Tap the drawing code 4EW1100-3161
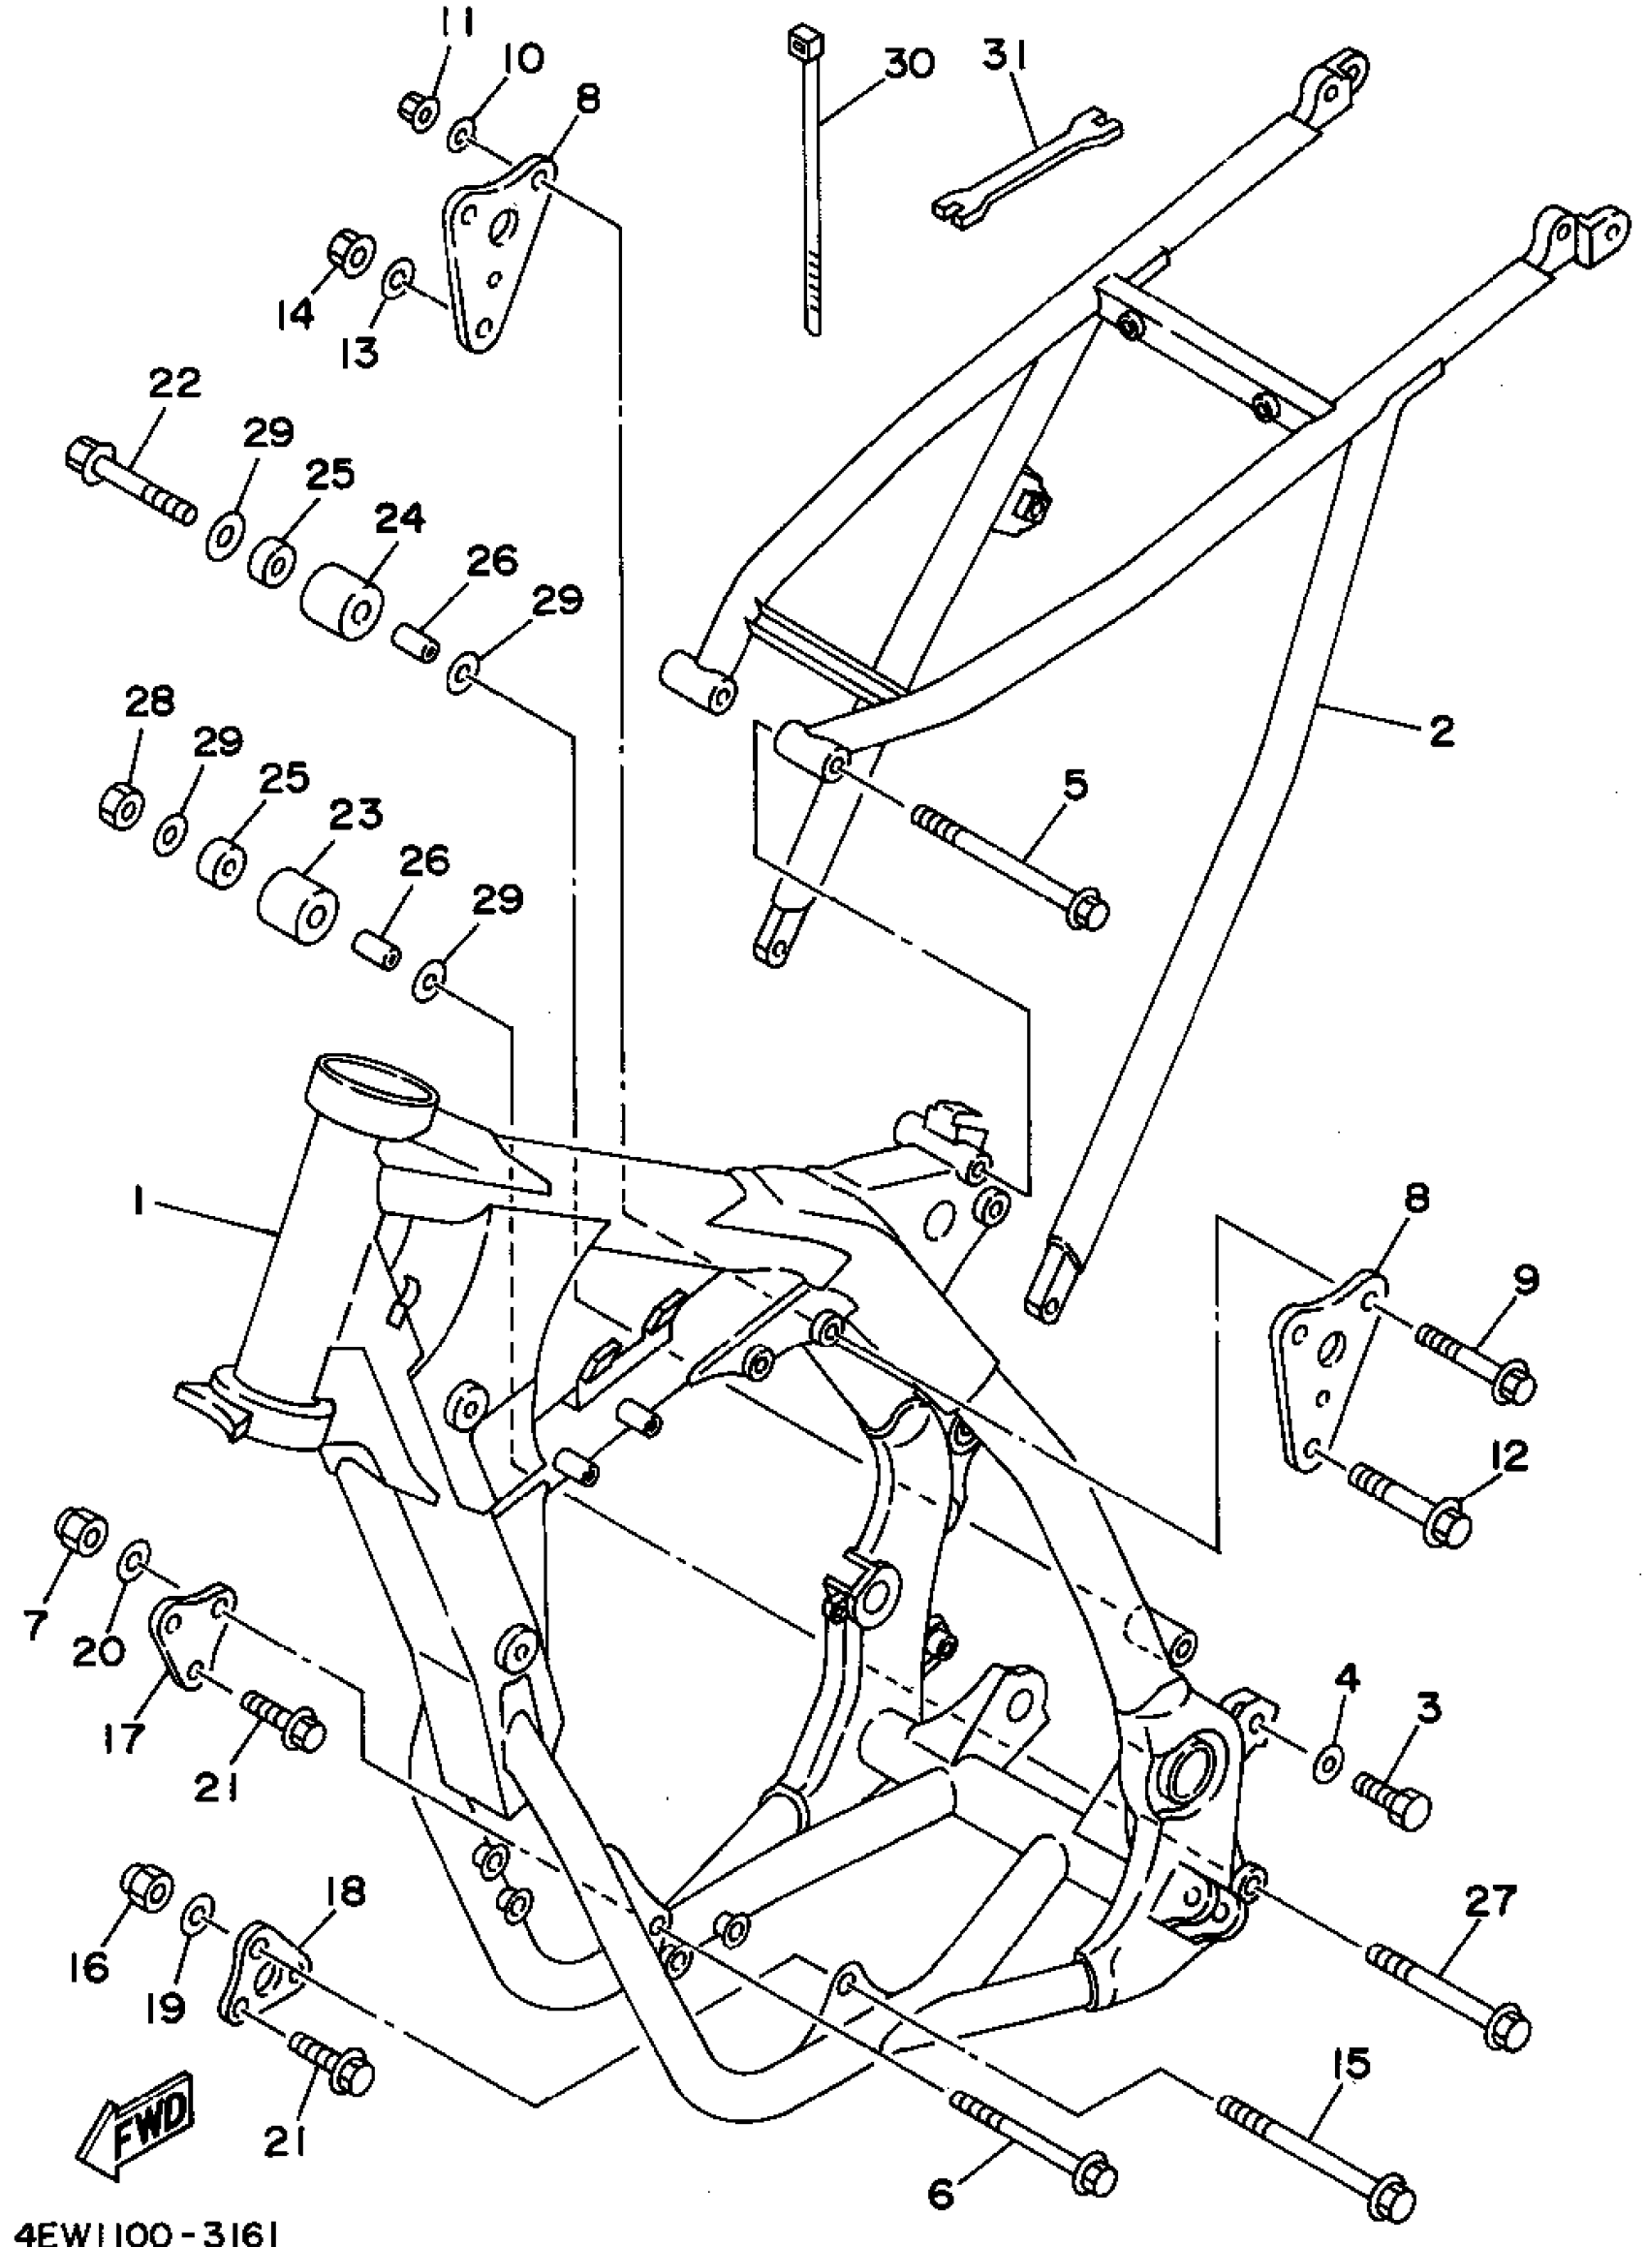[139, 2231]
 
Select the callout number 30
[906, 64]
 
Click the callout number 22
[174, 383]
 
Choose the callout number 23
[357, 815]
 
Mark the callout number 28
[149, 702]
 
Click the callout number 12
[1509, 1456]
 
